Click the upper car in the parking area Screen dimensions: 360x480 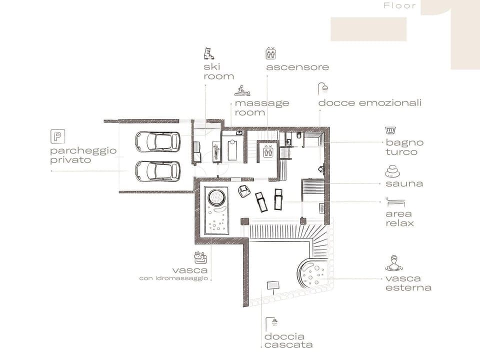tap(157, 141)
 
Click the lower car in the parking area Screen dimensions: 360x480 tap(157, 170)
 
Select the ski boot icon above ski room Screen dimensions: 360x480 tap(208, 53)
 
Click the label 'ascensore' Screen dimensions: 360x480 tap(297, 67)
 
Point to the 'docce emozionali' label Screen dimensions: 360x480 tap(369, 103)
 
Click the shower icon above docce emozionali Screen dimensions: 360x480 tap(323, 89)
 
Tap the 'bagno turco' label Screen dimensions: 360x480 tap(404, 147)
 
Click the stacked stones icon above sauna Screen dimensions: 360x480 tap(392, 171)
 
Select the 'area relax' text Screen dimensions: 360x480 tap(400, 218)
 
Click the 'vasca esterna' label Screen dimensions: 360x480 tap(408, 283)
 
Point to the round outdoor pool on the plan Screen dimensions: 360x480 tap(313, 274)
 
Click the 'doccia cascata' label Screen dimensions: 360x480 tap(288, 340)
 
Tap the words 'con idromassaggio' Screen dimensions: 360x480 tap(173, 278)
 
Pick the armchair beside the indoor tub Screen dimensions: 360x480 tap(244, 191)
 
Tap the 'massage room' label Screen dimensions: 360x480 tap(261, 107)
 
